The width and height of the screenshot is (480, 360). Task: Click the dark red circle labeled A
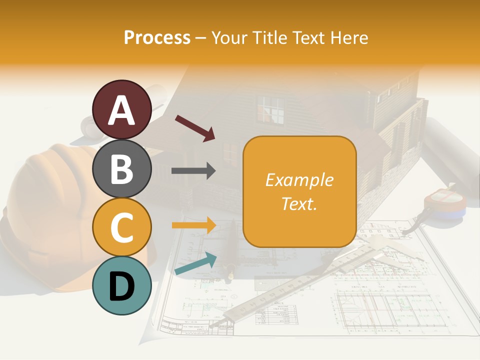point(122,109)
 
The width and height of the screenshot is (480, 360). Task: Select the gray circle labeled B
point(122,168)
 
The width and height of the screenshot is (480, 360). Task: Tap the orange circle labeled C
point(122,227)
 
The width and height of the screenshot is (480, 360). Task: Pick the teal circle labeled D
point(122,285)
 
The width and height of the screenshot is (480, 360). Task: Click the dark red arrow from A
point(195,127)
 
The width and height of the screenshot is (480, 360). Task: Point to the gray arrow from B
point(193,171)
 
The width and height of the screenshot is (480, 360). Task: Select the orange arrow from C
point(193,225)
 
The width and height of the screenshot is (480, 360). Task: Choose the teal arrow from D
point(195,264)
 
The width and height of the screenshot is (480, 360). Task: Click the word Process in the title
point(157,37)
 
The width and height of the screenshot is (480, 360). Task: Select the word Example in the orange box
point(299,180)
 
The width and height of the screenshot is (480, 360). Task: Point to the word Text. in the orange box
point(299,203)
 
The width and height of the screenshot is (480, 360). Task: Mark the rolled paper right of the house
point(452,155)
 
